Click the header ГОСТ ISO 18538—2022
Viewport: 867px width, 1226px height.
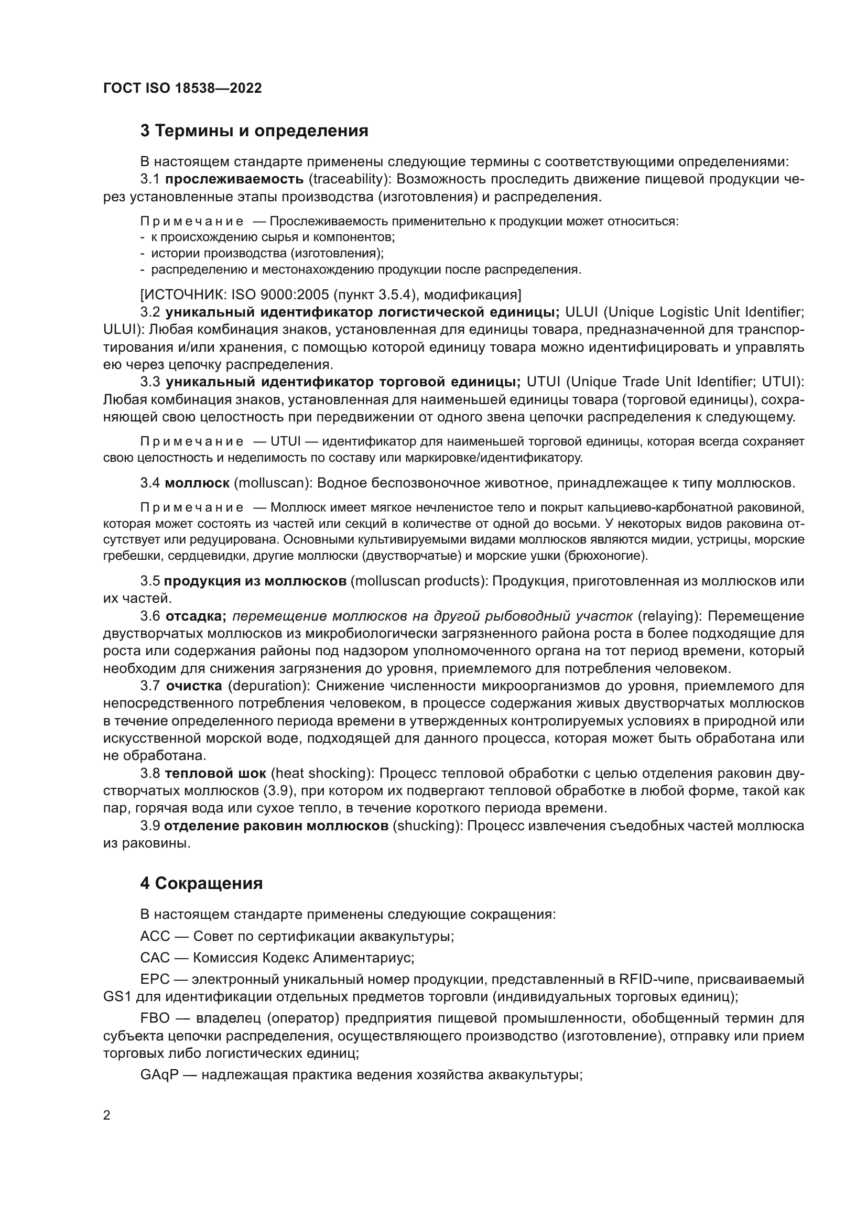pos(182,89)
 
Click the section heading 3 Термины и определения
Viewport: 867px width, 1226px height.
pos(254,131)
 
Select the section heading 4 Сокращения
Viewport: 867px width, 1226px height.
pos(201,883)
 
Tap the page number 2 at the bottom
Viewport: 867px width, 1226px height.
pos(107,1115)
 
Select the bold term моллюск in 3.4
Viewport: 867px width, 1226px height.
pos(197,483)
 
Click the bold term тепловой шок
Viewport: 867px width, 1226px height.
pos(215,774)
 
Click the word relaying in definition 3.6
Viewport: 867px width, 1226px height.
pos(669,616)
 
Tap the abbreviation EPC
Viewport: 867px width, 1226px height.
pos(155,979)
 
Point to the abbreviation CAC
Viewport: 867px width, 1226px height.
pos(155,958)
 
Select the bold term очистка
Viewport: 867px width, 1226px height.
pos(194,686)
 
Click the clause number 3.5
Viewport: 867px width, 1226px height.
pos(150,581)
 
